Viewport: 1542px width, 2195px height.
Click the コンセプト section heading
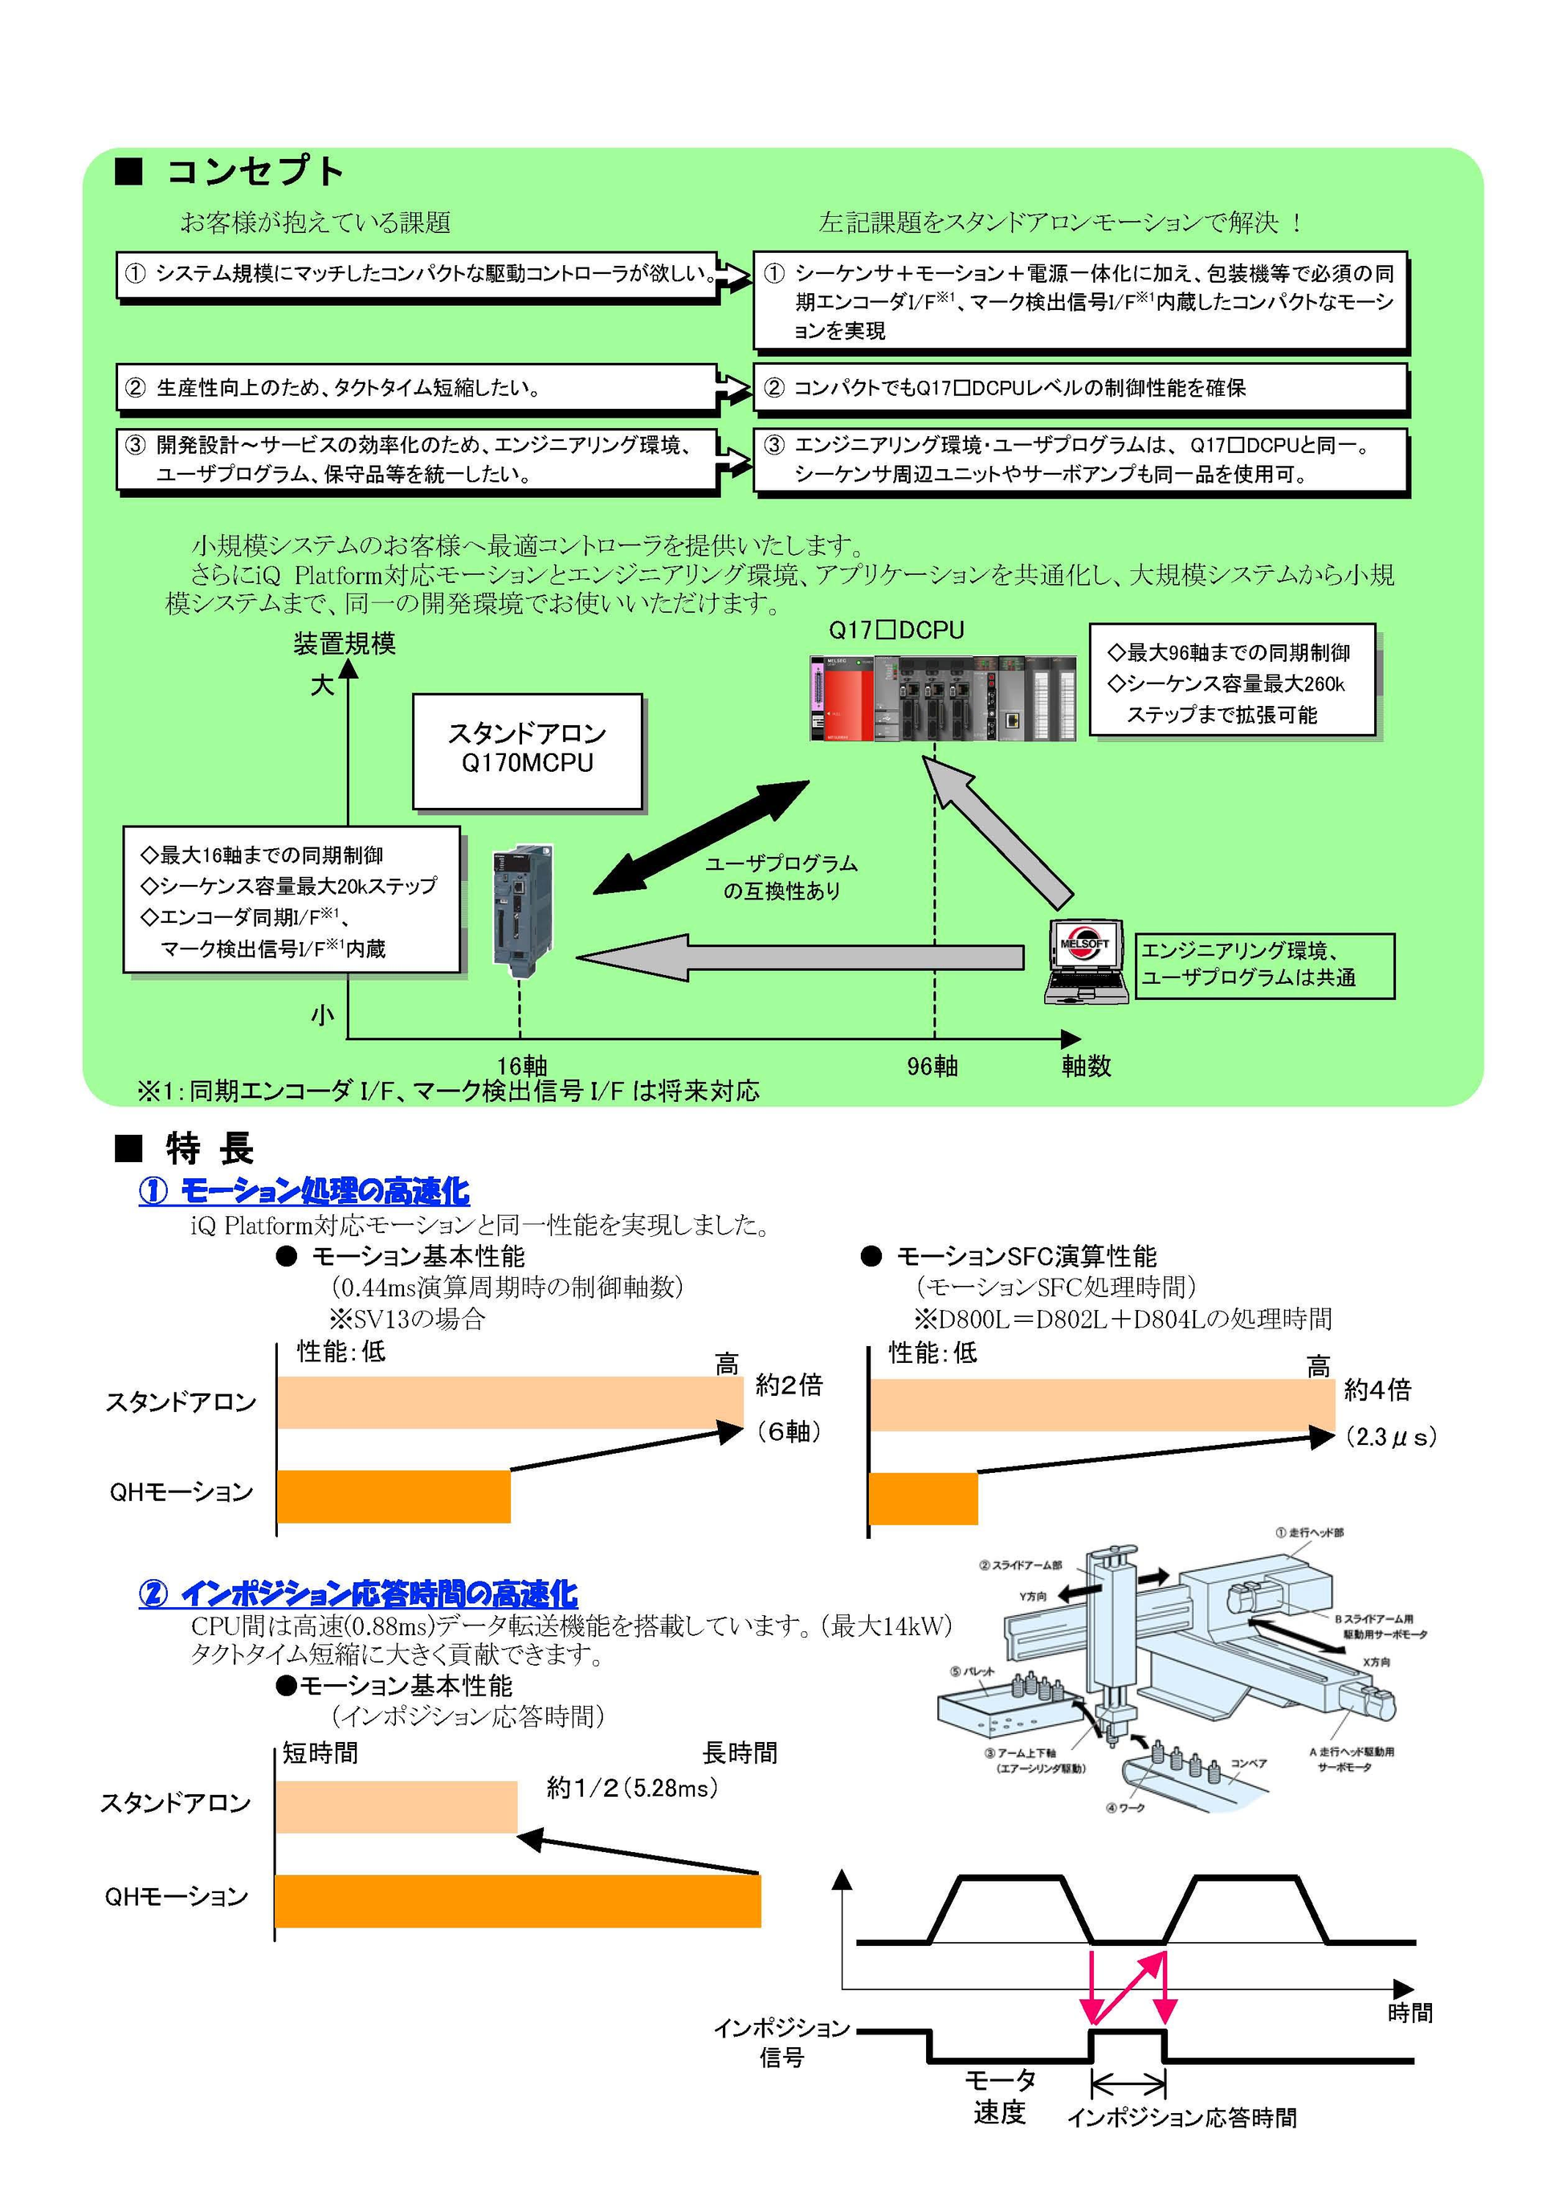pos(253,172)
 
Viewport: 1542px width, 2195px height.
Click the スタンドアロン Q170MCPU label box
pos(527,750)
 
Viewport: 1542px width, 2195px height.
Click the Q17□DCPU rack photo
pos(941,698)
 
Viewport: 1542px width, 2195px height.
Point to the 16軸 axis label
pos(522,1065)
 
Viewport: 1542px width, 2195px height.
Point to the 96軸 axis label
pos(932,1066)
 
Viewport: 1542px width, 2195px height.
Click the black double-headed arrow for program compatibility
pos(701,838)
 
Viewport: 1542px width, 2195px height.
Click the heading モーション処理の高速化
pos(304,1191)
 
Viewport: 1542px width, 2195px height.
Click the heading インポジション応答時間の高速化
pos(357,1593)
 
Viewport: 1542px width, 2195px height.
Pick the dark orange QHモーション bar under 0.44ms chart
pos(393,1496)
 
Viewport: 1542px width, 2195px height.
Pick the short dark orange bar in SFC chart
pos(923,1498)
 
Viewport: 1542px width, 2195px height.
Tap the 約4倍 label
pos(1377,1390)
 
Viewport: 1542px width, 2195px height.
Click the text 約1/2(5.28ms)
pos(632,1788)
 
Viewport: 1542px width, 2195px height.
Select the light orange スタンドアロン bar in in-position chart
pos(396,1806)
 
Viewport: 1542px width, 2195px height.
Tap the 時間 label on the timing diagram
pos(1409,2013)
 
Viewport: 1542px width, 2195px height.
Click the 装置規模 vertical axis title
pos(345,643)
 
